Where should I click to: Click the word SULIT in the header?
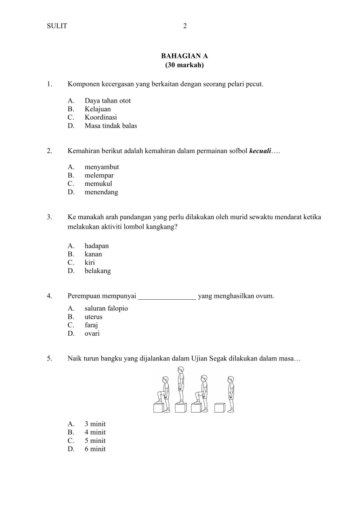point(57,26)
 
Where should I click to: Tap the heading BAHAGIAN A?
point(184,56)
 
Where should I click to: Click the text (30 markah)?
point(184,65)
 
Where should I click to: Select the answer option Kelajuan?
point(97,109)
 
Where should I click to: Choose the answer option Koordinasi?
point(100,117)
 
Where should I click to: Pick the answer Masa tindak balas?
point(111,126)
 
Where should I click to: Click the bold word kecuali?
point(260,151)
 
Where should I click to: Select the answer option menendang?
point(101,192)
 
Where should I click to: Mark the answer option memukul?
point(98,184)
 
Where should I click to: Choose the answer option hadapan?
point(96,246)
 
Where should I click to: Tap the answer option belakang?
point(97,271)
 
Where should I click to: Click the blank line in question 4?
point(167,296)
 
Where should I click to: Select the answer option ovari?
point(92,333)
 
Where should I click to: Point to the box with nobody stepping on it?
point(219,408)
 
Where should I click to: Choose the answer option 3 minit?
point(95,424)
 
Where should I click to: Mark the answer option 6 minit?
point(95,449)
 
